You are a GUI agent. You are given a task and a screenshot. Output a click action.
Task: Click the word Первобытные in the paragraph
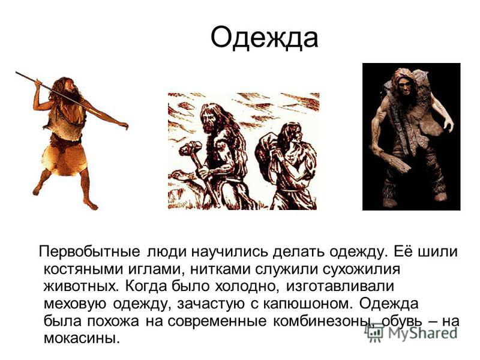click(x=91, y=250)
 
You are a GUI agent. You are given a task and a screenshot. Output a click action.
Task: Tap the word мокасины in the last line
click(x=79, y=338)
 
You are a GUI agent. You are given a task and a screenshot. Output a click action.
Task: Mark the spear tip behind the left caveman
click(x=18, y=74)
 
